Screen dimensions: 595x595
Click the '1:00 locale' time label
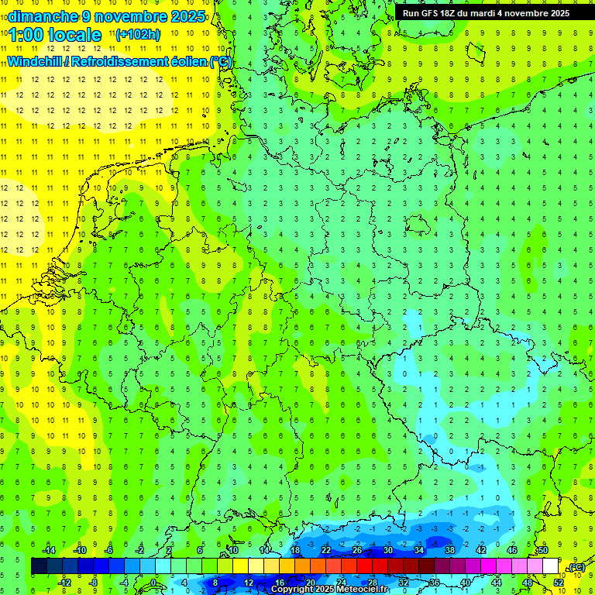[x=56, y=35]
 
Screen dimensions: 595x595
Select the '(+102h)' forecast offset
[x=137, y=35]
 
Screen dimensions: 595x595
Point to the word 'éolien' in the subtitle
[x=183, y=61]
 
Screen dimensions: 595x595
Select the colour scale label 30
[x=387, y=550]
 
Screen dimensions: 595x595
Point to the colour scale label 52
[x=558, y=583]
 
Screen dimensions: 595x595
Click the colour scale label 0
[x=153, y=583]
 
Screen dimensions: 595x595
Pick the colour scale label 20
[x=310, y=583]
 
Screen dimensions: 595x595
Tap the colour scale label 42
[x=480, y=550]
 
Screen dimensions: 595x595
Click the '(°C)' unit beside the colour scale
[x=576, y=567]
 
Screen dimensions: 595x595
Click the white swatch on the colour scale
[x=550, y=566]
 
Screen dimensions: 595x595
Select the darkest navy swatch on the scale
[x=39, y=566]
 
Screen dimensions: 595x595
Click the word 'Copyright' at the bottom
[x=292, y=590]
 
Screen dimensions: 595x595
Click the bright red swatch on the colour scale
[x=364, y=566]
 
